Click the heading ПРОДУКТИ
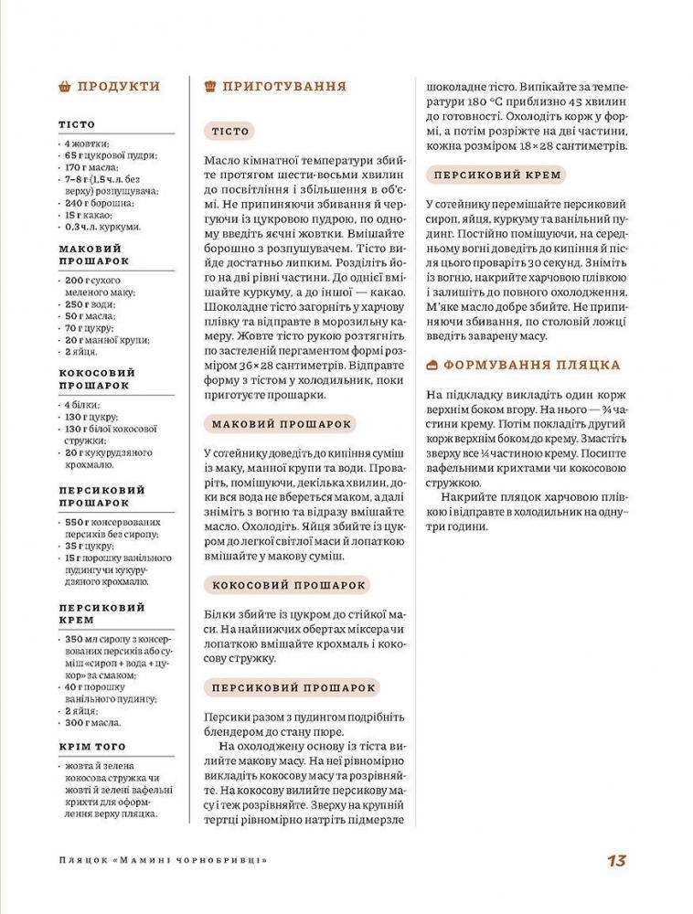[x=119, y=87]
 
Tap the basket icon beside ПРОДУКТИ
[x=64, y=87]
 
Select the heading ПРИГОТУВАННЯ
[x=284, y=87]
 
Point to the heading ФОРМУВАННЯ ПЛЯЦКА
[x=532, y=365]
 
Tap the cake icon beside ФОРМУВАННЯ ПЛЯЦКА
[x=432, y=365]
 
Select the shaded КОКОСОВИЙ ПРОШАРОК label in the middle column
[x=289, y=585]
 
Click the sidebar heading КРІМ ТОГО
[x=92, y=747]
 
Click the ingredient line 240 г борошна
[x=100, y=203]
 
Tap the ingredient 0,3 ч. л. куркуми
[x=102, y=227]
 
